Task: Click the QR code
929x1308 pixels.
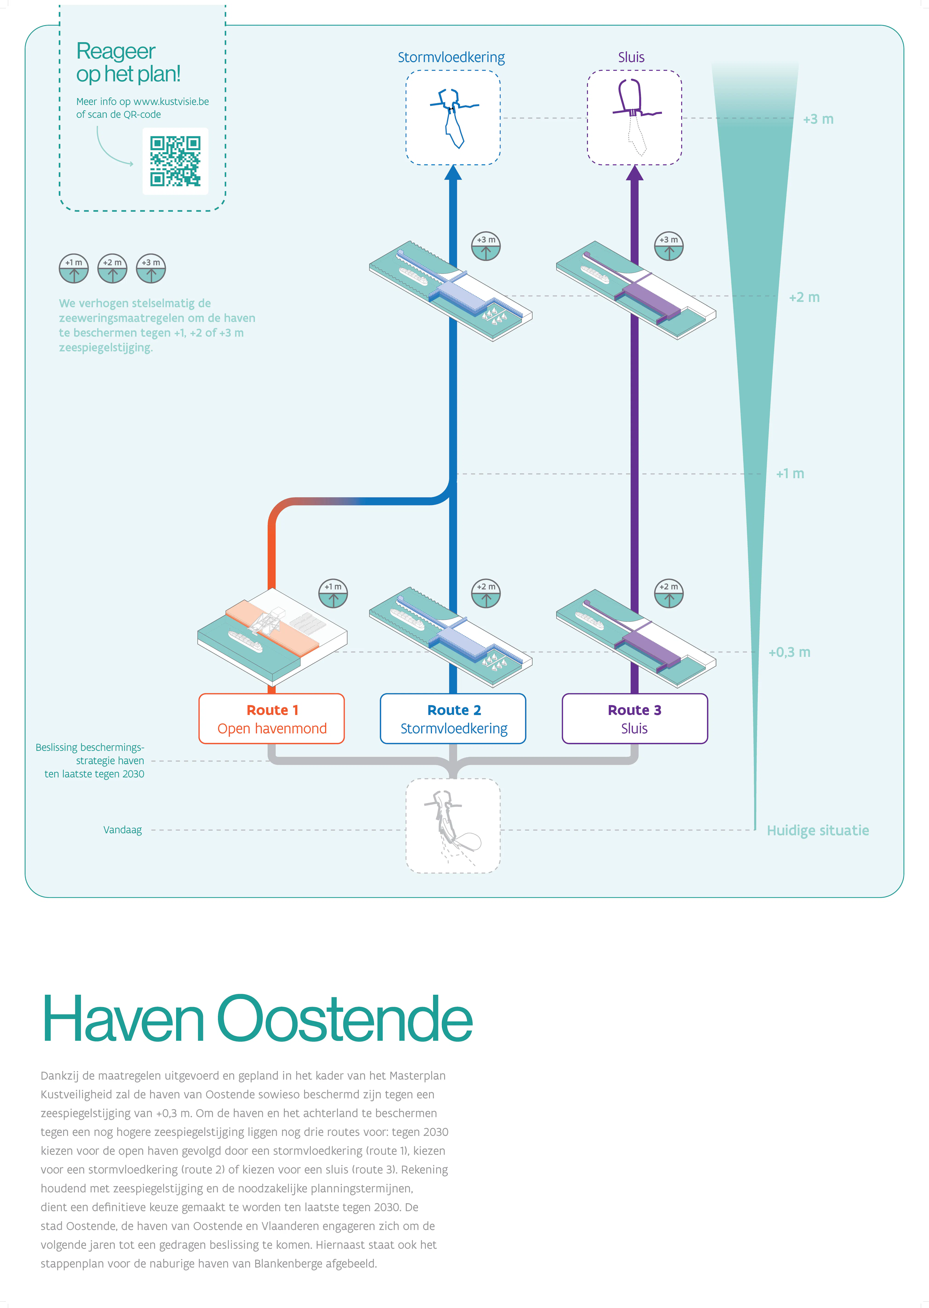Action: (175, 161)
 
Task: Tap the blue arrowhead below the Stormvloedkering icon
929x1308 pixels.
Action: (453, 173)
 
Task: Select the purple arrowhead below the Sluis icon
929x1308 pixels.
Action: (634, 173)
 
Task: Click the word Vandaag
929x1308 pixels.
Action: (122, 830)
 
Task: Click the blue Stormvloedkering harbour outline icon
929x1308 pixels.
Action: (453, 117)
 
